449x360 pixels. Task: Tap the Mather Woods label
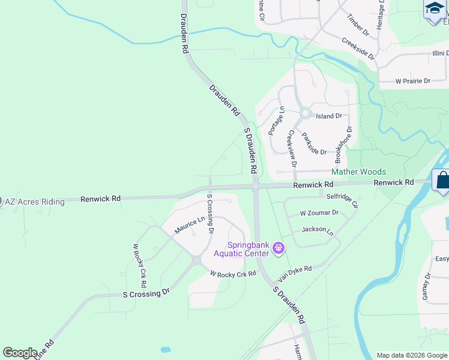click(359, 172)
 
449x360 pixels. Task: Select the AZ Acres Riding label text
click(34, 202)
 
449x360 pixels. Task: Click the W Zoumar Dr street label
click(319, 213)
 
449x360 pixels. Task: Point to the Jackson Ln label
click(318, 230)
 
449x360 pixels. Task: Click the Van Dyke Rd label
click(294, 274)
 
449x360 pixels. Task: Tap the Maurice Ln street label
click(189, 226)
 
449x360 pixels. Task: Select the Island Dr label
click(328, 116)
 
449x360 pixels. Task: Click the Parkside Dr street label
click(314, 144)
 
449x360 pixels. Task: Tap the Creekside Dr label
click(358, 49)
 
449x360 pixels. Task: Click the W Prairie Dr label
click(412, 81)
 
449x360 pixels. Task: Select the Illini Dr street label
click(430, 53)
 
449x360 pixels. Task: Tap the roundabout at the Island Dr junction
click(305, 113)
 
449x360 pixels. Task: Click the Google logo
click(20, 353)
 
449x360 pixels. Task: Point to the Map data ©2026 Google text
click(411, 355)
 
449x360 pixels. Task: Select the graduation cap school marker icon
click(434, 8)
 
